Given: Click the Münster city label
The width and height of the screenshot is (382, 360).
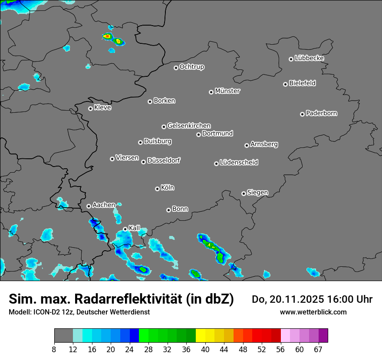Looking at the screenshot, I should [227, 91].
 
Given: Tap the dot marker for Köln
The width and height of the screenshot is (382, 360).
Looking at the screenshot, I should [157, 189].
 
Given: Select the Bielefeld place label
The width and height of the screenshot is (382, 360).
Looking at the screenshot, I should [302, 83].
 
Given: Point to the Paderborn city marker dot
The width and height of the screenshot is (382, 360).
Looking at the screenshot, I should [302, 114].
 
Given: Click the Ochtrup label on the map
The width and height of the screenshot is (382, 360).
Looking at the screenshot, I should [192, 67].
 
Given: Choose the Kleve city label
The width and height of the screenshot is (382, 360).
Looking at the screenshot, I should [102, 108].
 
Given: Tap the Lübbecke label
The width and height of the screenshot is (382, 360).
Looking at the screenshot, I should [309, 58].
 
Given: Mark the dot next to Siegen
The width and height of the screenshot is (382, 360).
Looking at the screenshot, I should [244, 193].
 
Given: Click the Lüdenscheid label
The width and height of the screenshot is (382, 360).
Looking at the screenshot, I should [239, 163].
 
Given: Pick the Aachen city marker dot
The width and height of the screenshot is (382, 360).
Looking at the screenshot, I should [89, 206].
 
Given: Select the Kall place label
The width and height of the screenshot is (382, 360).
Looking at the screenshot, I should [135, 228].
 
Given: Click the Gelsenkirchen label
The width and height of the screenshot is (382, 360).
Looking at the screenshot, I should [189, 126].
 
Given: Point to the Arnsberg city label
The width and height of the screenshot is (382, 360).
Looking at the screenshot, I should [264, 144].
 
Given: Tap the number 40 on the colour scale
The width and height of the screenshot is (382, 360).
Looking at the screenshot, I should [205, 350].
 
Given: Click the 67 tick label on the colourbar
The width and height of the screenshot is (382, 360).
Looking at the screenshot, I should [318, 350].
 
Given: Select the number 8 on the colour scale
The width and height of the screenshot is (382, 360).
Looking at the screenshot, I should [54, 350].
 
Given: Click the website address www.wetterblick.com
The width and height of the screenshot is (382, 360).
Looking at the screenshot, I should [313, 312].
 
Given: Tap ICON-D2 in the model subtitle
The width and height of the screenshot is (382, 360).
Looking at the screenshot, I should [44, 312].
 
